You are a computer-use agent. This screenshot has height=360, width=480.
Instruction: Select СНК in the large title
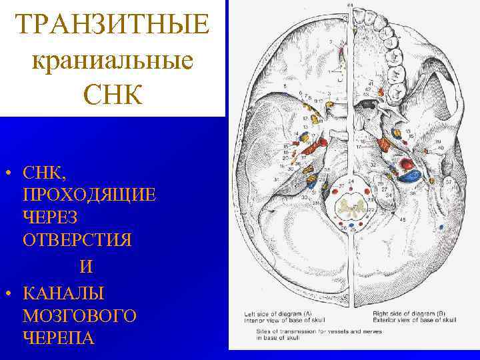click(113, 95)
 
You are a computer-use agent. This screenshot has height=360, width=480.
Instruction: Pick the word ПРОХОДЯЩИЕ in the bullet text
click(89, 195)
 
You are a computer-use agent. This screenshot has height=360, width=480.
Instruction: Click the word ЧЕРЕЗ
click(51, 217)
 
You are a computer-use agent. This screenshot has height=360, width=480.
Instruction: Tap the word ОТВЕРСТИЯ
click(77, 240)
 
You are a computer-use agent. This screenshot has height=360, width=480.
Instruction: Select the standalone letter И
click(85, 267)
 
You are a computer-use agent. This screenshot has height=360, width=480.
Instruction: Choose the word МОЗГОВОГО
click(79, 315)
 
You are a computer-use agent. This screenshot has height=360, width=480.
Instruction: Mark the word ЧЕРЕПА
click(59, 337)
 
